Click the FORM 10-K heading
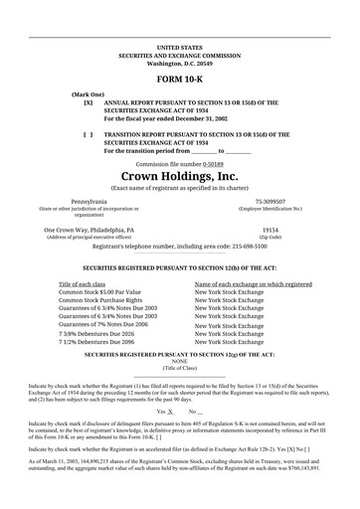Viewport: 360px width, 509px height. coord(179,78)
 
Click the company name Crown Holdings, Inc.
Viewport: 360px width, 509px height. coord(179,176)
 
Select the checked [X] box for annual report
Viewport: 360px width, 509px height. coord(89,102)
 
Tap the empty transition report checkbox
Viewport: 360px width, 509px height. coord(89,132)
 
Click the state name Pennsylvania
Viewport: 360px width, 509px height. coord(87,202)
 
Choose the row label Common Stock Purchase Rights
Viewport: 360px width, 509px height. coord(103,300)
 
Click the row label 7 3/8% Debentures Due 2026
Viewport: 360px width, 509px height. coord(101,334)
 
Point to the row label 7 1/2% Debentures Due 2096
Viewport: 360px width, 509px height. coord(101,342)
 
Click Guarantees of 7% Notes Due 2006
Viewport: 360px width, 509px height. coord(102,324)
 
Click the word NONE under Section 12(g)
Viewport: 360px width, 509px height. coord(179,361)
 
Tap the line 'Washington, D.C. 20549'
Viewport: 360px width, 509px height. coord(179,63)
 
